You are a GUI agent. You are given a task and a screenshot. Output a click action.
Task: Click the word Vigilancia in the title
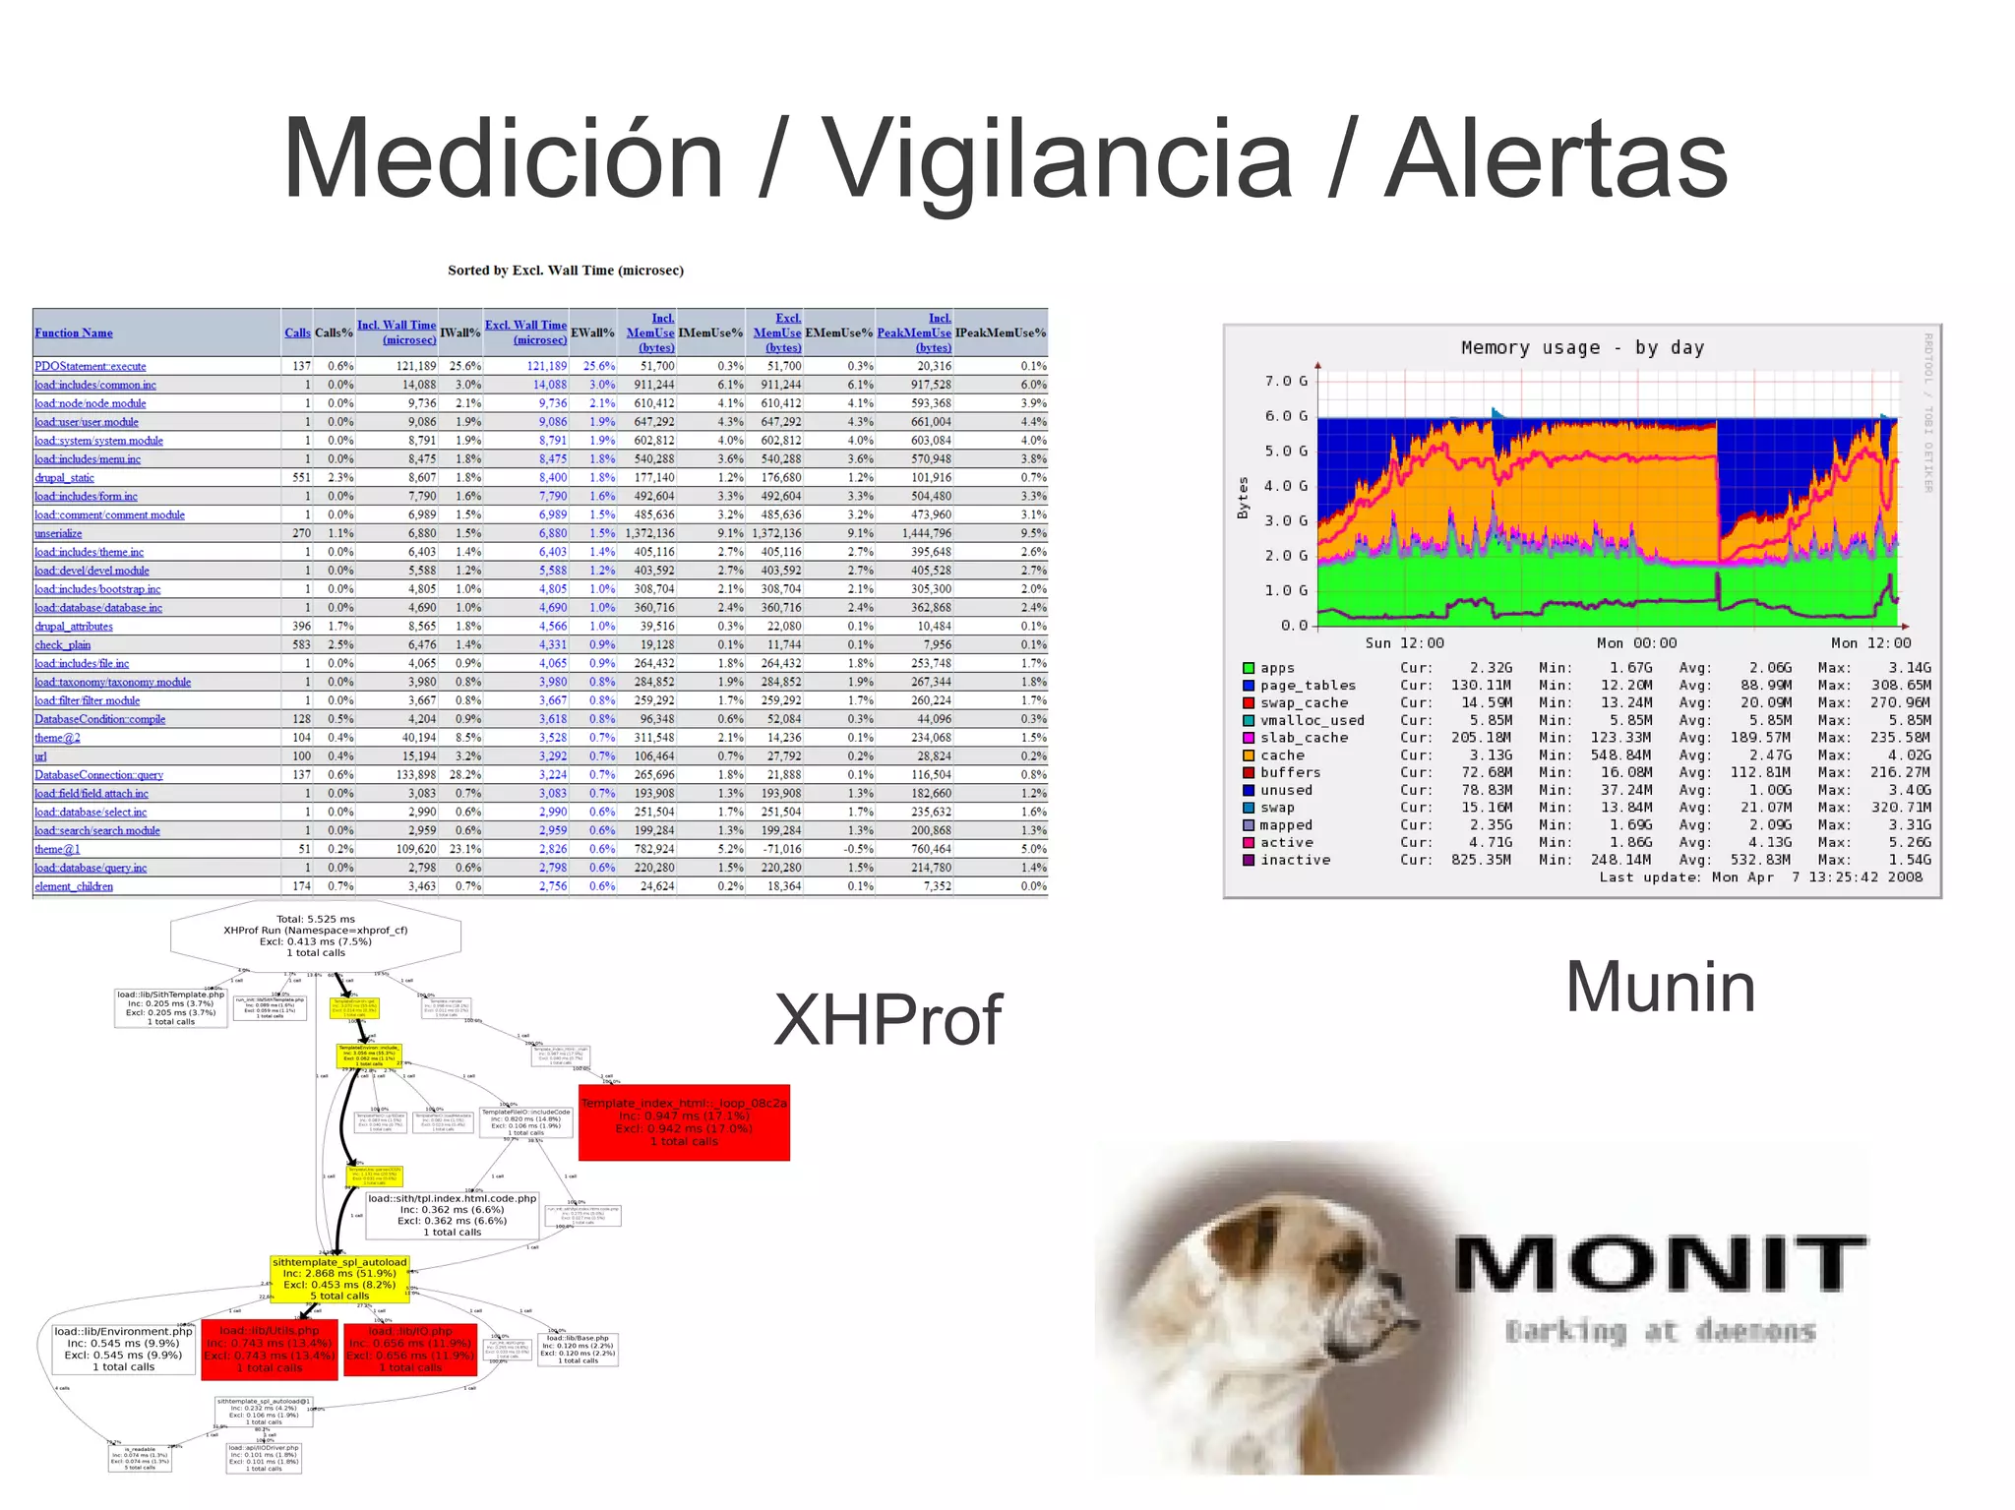pos(1056,160)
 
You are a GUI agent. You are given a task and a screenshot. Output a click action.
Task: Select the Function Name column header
pos(74,332)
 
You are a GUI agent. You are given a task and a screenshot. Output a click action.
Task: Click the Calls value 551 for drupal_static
pos(301,477)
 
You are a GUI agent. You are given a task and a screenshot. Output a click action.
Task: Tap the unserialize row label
pos(58,533)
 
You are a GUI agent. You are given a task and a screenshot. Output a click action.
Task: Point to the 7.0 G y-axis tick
pos(1286,381)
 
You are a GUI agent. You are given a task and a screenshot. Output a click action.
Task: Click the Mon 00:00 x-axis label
pos(1636,642)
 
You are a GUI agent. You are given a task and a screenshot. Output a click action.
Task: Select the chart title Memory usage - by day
pos(1582,347)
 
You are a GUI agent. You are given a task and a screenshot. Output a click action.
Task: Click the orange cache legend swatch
pos(1249,755)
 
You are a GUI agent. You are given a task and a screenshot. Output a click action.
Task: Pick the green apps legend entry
pos(1277,668)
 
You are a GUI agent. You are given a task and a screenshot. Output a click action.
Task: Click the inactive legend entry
pos(1295,860)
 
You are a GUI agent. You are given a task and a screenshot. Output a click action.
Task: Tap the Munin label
pos(1660,987)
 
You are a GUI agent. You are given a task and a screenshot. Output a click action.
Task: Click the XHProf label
pos(887,1019)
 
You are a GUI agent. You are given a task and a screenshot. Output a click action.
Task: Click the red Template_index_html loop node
pos(684,1122)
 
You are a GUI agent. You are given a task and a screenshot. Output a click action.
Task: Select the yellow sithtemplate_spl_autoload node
pos(339,1278)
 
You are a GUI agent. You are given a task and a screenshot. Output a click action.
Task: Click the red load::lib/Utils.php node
pos(270,1350)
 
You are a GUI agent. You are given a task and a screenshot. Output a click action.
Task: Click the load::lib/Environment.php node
pos(123,1349)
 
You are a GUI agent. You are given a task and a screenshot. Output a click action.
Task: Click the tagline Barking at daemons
pos(1660,1331)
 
